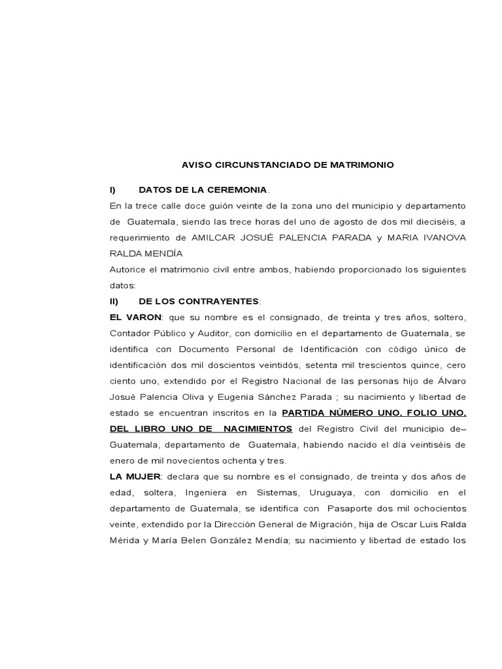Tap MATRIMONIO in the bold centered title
365,165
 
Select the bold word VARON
147,317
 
